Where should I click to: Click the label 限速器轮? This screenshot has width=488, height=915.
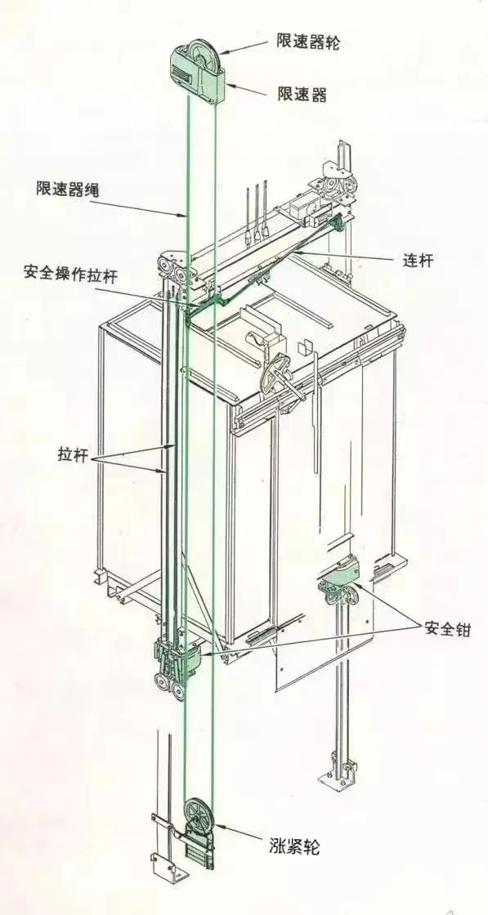click(307, 42)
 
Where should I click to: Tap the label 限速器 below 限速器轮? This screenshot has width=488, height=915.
click(301, 94)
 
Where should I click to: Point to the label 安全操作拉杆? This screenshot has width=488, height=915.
click(70, 272)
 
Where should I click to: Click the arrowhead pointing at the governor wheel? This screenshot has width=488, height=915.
click(224, 52)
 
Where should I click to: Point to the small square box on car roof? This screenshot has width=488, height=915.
click(305, 347)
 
